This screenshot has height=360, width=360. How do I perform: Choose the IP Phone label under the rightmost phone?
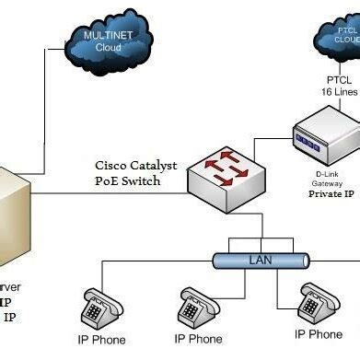point(318,334)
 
